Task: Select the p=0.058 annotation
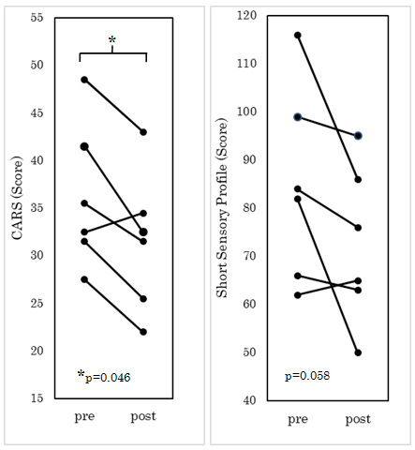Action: pyautogui.click(x=307, y=376)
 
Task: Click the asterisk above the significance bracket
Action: pyautogui.click(x=112, y=40)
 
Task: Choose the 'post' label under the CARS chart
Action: pyautogui.click(x=143, y=418)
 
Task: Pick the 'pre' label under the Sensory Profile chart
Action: pyautogui.click(x=298, y=420)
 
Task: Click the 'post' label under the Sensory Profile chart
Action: pyautogui.click(x=358, y=420)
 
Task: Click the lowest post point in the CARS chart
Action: pyautogui.click(x=143, y=332)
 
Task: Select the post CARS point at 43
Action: pyautogui.click(x=143, y=132)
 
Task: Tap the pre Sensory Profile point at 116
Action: pyautogui.click(x=298, y=36)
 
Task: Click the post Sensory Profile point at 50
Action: pyautogui.click(x=358, y=352)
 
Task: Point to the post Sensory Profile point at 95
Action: pyautogui.click(x=358, y=136)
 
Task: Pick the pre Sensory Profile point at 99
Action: pyautogui.click(x=298, y=117)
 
